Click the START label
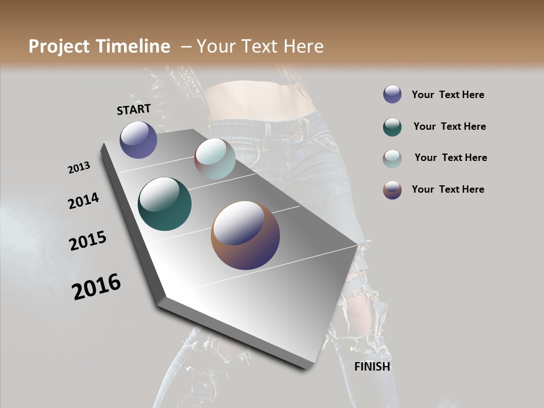point(134,109)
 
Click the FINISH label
point(372,367)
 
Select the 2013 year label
point(79,168)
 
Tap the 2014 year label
point(83,201)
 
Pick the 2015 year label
point(88,241)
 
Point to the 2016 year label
point(96,287)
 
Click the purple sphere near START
point(138,139)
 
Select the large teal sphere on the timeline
point(164,204)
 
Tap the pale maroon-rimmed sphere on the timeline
point(215,159)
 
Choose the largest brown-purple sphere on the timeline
point(245,235)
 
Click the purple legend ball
point(392,94)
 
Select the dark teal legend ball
point(392,127)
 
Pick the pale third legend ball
point(392,159)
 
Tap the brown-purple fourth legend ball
point(392,190)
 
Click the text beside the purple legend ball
point(448,95)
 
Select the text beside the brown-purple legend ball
point(448,189)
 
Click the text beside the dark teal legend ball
point(449,126)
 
